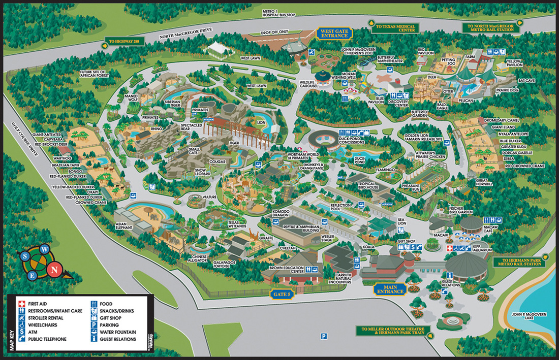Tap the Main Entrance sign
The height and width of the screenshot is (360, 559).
click(390, 289)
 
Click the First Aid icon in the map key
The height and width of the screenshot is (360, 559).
click(21, 304)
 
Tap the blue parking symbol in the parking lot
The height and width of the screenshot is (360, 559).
click(323, 336)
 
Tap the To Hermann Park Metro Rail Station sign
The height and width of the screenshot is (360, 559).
click(523, 262)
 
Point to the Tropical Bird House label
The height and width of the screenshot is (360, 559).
click(368, 186)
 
